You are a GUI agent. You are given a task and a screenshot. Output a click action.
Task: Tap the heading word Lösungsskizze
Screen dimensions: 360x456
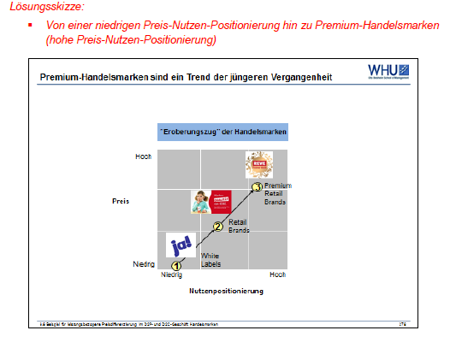tap(37, 7)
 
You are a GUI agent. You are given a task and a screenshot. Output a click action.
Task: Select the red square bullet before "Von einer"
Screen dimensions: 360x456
tap(31, 26)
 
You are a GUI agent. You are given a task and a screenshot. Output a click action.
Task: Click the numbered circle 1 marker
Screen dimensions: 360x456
tap(176, 266)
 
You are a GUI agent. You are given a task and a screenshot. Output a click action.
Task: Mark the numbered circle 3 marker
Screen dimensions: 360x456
tap(257, 187)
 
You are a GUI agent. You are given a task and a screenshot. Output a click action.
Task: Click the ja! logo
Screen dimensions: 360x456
tap(181, 245)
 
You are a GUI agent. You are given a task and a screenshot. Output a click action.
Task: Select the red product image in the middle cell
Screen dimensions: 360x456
tap(210, 202)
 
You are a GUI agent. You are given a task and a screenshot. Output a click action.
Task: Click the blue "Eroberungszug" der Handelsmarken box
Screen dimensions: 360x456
tap(222, 133)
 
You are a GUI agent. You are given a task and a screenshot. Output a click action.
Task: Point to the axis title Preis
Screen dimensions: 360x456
tap(120, 202)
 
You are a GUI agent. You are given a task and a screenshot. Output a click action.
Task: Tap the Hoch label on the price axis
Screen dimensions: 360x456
tap(144, 156)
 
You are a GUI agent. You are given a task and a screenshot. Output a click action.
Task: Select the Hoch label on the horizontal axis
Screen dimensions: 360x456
tap(277, 275)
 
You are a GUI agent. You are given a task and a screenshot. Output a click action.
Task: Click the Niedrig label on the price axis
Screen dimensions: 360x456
tap(143, 265)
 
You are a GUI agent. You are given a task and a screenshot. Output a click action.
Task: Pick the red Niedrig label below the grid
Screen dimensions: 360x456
tap(172, 275)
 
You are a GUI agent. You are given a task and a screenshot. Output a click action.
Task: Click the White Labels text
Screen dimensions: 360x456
tap(210, 260)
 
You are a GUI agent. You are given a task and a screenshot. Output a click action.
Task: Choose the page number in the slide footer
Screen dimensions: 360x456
tap(401, 323)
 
